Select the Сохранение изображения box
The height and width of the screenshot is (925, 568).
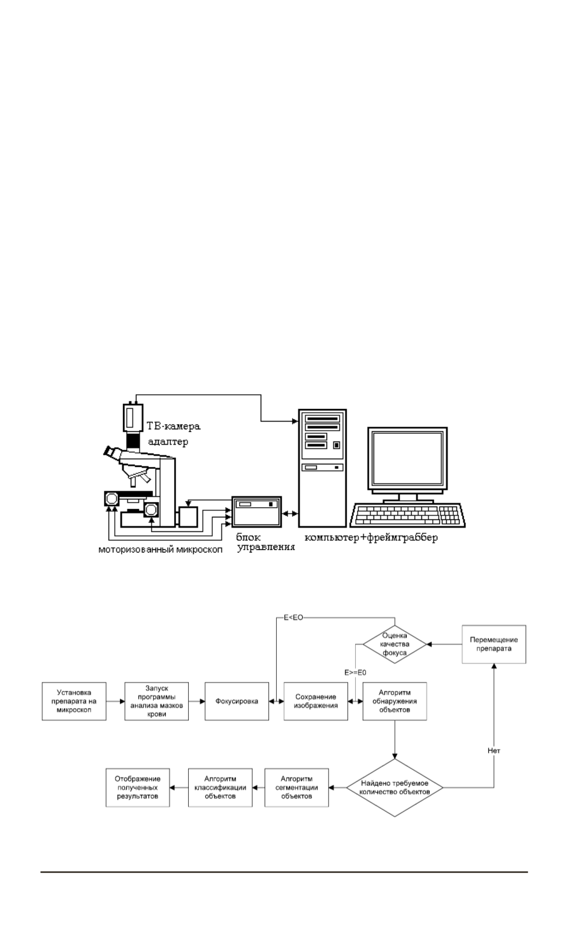pos(316,701)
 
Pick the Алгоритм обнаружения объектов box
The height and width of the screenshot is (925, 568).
pos(395,701)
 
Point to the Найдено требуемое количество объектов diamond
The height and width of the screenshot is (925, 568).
pos(395,788)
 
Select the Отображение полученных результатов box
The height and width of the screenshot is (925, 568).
pos(138,788)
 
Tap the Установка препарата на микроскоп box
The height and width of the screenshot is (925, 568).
pos(73,701)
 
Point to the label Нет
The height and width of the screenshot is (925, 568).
pos(494,751)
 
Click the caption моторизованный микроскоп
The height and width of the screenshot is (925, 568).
pos(160,549)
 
